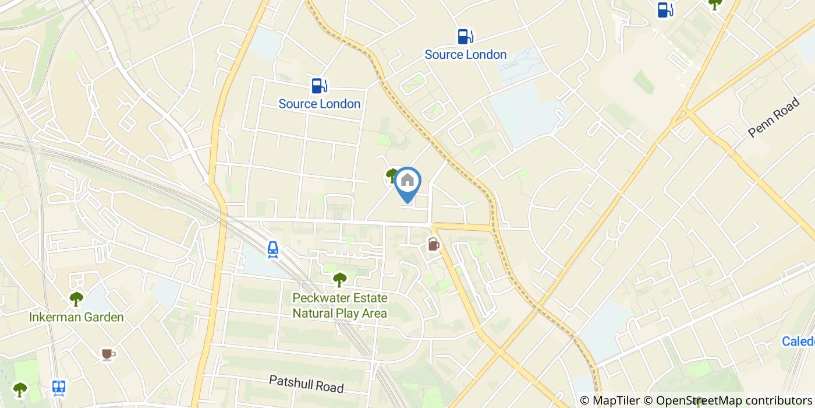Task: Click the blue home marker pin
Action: click(x=408, y=182)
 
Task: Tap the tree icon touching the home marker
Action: click(x=392, y=175)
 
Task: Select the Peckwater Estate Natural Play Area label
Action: click(x=339, y=305)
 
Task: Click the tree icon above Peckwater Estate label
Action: click(x=339, y=280)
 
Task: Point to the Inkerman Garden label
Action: click(x=76, y=317)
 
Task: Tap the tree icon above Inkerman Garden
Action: click(x=76, y=299)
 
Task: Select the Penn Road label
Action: click(x=774, y=118)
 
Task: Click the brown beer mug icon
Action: click(x=434, y=244)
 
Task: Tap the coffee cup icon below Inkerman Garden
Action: click(x=108, y=354)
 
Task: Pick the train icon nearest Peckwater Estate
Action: click(x=272, y=249)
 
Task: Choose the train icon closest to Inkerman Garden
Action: click(x=58, y=388)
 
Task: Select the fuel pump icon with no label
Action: click(x=664, y=10)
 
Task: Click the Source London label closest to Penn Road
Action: click(x=465, y=54)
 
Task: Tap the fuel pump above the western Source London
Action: click(x=318, y=86)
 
